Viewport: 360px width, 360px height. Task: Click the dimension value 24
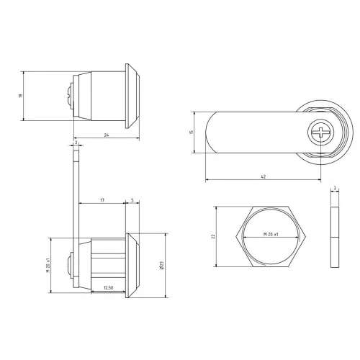(x=107, y=135)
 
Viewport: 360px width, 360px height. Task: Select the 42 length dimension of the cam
(x=263, y=177)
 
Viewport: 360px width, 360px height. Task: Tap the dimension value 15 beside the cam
(x=192, y=132)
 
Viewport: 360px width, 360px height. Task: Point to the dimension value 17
(x=102, y=200)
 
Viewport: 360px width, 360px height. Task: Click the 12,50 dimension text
(x=108, y=288)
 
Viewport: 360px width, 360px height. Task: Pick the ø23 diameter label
(x=161, y=265)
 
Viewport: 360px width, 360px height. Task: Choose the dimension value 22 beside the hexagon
(x=213, y=236)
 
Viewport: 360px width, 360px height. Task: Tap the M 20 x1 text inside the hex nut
(x=271, y=234)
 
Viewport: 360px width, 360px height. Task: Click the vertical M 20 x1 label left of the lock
(x=48, y=265)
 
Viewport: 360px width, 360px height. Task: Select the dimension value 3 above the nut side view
(x=335, y=189)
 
